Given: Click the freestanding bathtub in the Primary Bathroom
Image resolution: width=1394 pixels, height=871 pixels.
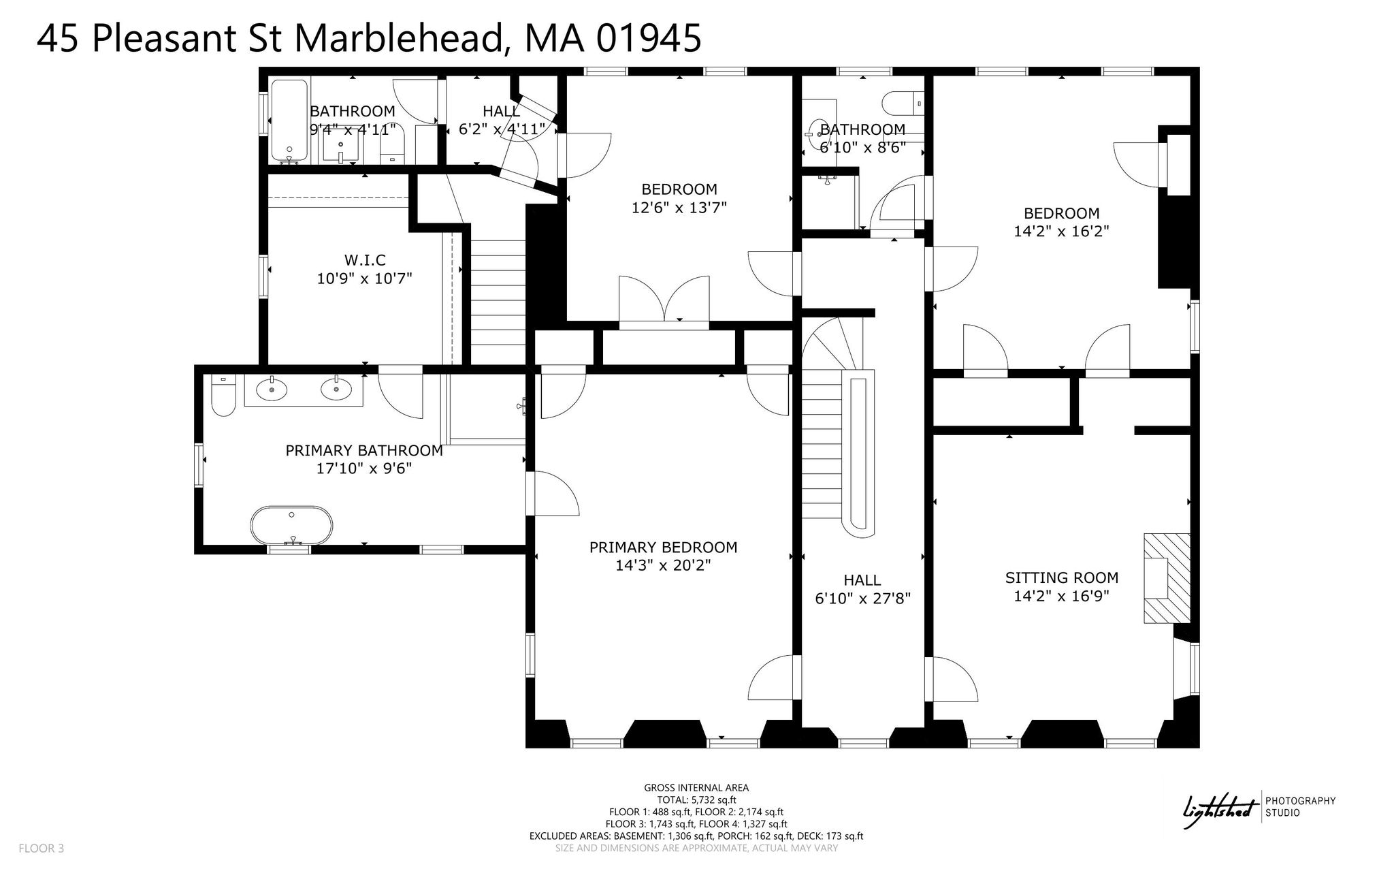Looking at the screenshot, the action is click(x=292, y=525).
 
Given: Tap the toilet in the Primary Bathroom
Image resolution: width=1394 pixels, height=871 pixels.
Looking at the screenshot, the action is click(x=223, y=396).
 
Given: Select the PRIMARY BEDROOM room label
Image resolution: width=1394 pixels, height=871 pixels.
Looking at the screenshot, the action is click(x=663, y=548).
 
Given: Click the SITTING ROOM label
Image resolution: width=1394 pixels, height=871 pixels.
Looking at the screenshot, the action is click(x=1062, y=578).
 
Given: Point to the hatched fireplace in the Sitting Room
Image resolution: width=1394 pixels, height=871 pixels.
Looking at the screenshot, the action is click(x=1167, y=577).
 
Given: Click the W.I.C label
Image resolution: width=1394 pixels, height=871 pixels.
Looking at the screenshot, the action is click(x=365, y=260).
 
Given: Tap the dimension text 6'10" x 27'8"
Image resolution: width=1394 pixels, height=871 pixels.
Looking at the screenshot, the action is click(x=862, y=599).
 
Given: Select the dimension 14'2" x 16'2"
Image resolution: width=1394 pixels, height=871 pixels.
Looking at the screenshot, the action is click(x=1061, y=232).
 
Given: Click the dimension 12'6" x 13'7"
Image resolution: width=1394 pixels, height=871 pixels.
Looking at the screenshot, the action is click(x=679, y=207).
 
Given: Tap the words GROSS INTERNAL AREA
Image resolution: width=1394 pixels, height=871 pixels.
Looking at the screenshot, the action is click(x=696, y=788).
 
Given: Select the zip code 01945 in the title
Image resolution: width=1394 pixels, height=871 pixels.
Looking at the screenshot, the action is click(x=648, y=37).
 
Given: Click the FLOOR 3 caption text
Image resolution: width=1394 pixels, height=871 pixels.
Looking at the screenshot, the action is click(x=42, y=849).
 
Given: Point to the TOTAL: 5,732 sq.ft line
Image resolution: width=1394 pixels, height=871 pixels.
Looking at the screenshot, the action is click(x=696, y=800).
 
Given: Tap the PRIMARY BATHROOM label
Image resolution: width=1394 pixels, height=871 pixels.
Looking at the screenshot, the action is click(x=364, y=451).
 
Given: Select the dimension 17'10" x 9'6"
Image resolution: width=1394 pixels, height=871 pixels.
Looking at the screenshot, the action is click(x=364, y=469).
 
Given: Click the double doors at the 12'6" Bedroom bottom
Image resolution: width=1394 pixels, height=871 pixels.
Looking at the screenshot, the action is click(x=664, y=300).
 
